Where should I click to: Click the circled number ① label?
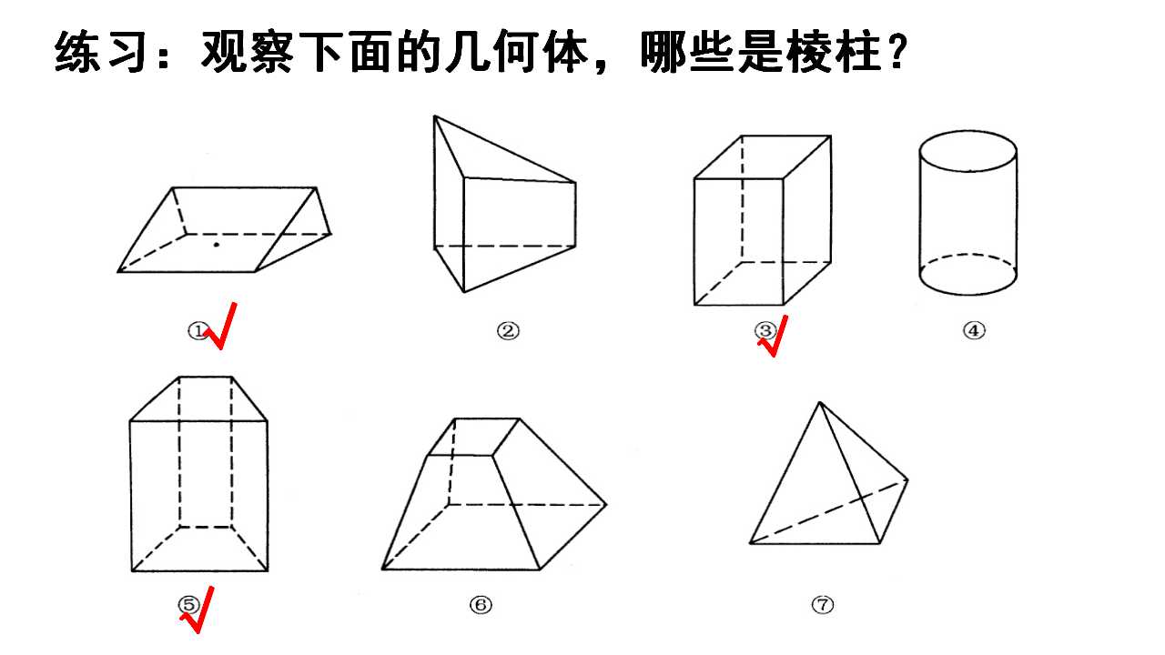pos(198,330)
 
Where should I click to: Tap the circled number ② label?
pos(508,330)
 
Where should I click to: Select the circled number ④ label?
pos(974,330)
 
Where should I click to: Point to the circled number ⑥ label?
pos(480,605)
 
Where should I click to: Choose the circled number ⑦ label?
pos(822,605)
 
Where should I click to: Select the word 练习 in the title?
pos(99,52)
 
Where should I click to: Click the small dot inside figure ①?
pos(217,245)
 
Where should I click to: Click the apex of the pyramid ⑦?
pos(820,402)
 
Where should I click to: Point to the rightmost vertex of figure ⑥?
pos(606,504)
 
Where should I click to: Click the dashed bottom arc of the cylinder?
pos(967,255)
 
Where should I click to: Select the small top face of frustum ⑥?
pos(473,438)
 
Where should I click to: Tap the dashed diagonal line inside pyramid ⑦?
pos(828,512)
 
